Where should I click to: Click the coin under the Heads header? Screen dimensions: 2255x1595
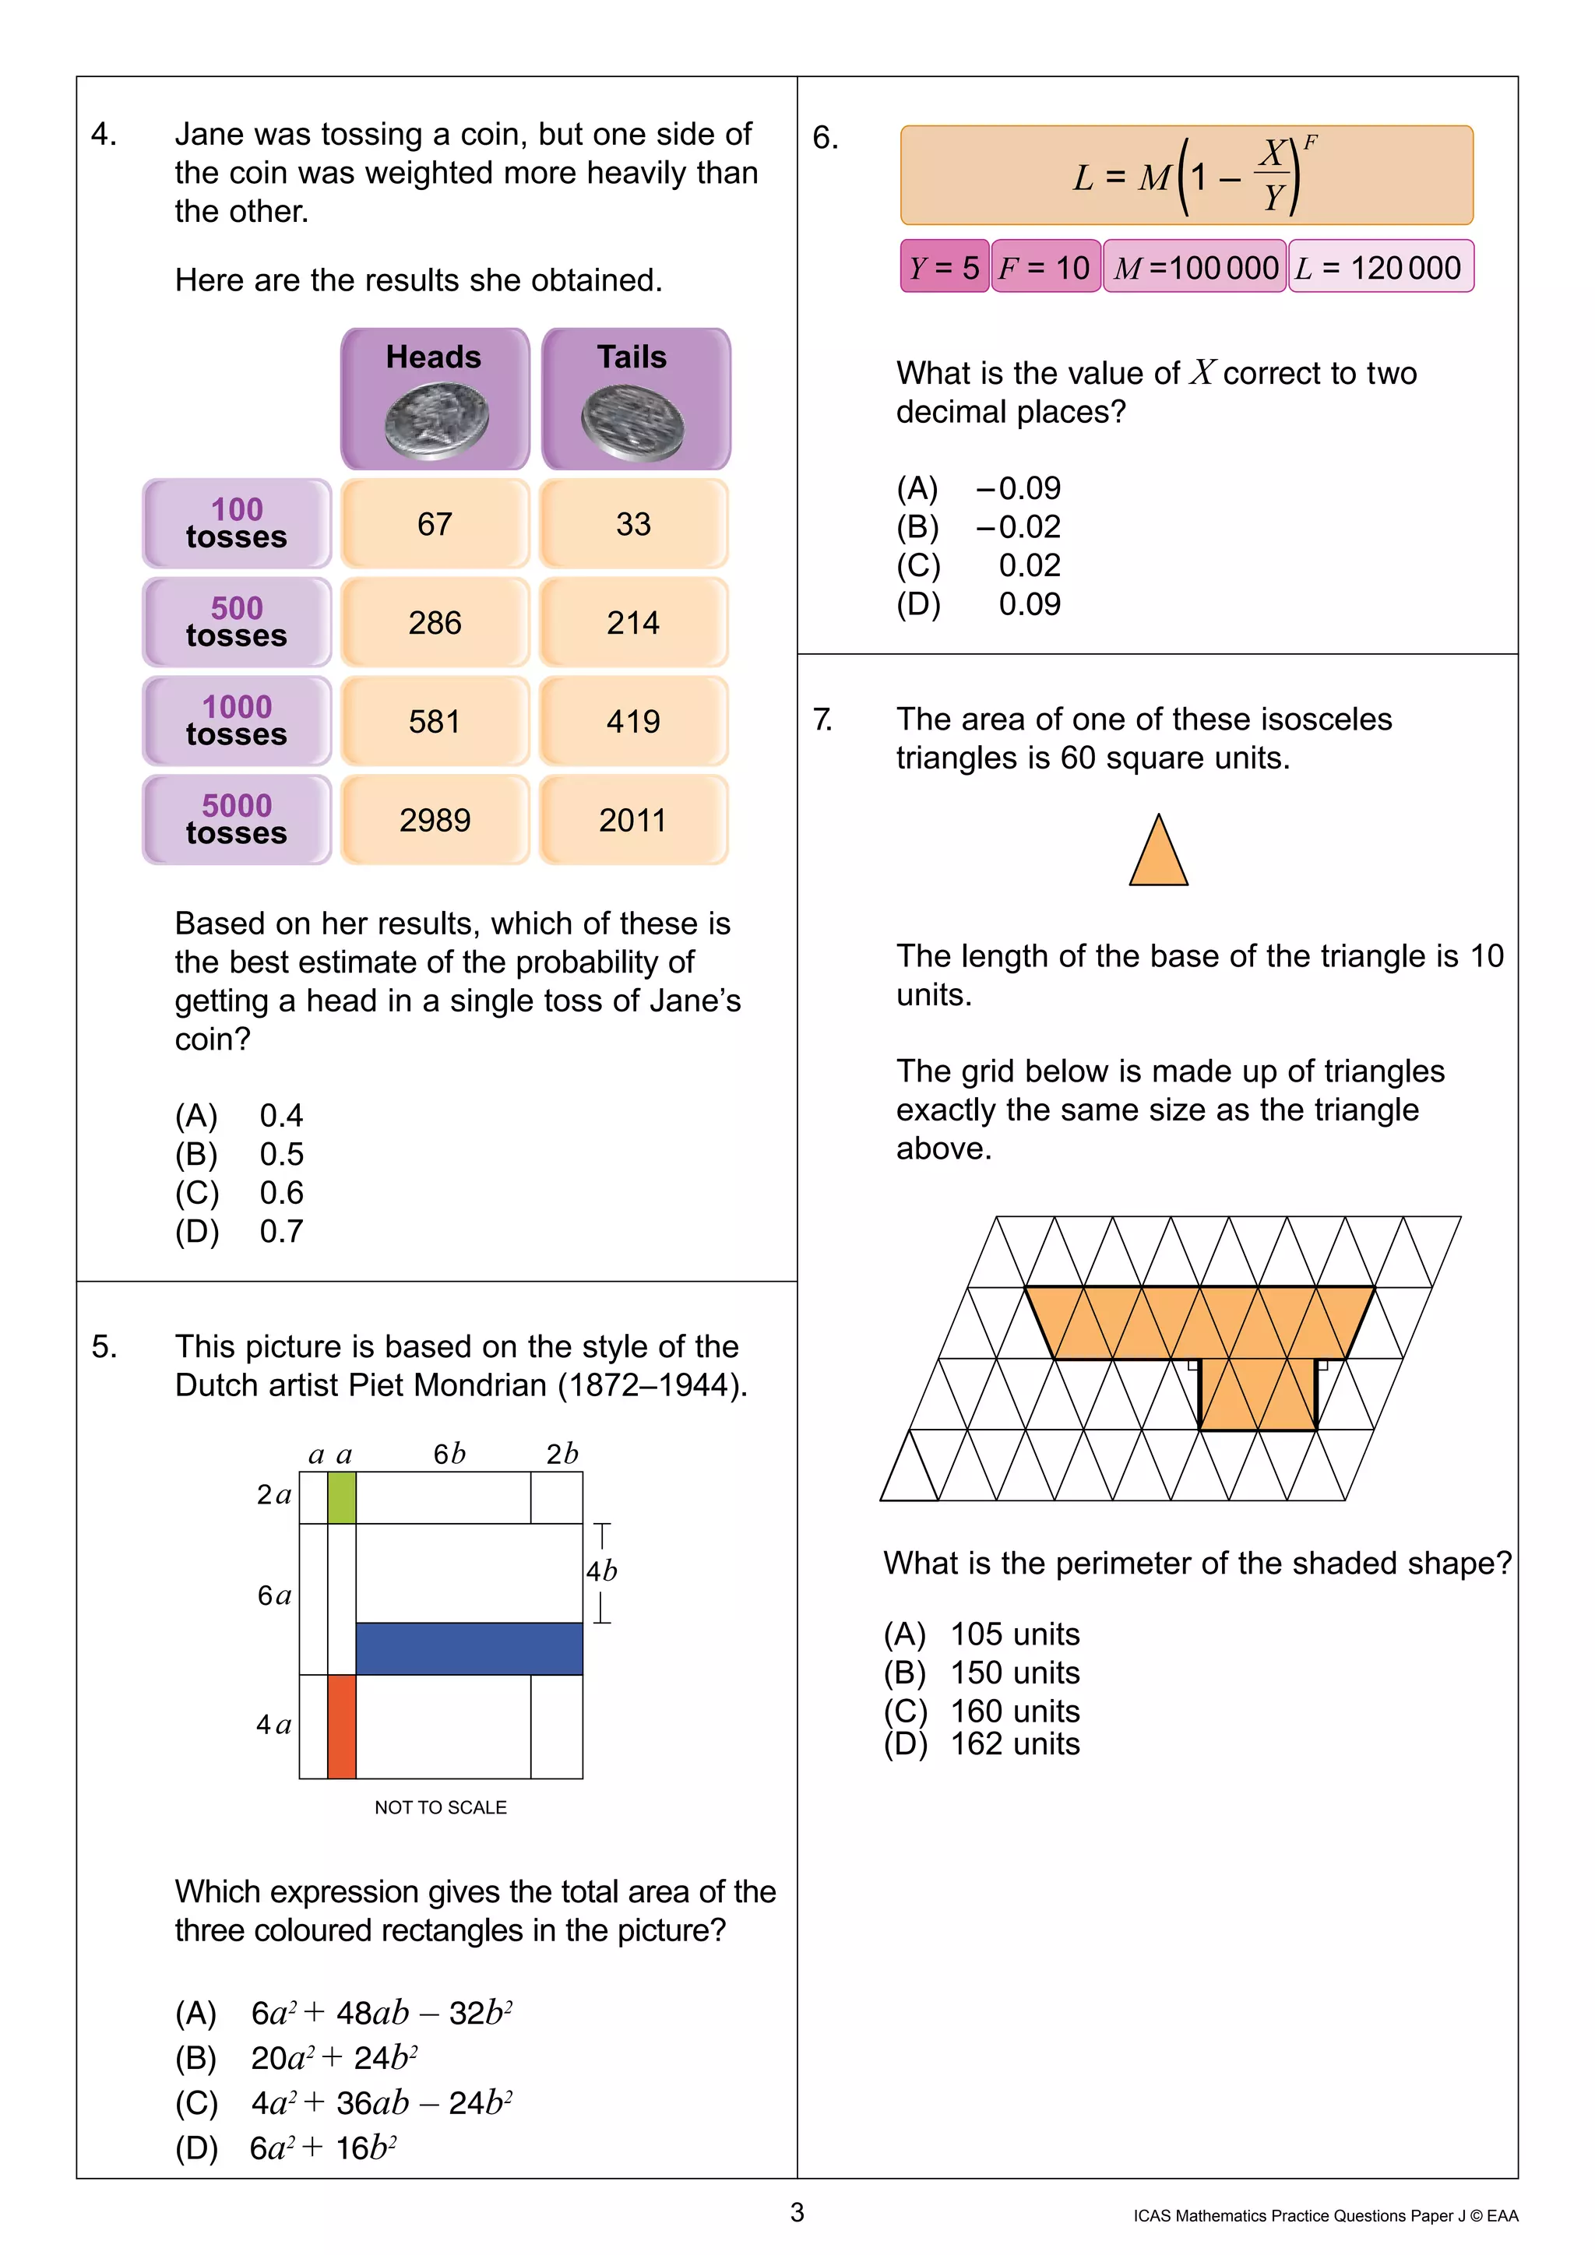click(436, 421)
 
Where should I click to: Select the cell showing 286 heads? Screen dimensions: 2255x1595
click(435, 623)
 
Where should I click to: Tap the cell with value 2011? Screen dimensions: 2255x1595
click(632, 820)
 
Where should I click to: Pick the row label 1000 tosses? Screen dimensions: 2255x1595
click(237, 721)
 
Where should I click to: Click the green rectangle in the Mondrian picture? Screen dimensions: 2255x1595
click(341, 1497)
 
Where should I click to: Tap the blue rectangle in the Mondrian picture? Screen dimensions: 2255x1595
click(469, 1648)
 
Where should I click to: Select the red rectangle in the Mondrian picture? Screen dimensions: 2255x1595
click(341, 1726)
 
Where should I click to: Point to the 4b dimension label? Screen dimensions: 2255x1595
click(601, 1571)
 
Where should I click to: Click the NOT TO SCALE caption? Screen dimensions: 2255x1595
click(440, 1807)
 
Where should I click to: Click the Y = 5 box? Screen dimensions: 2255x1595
click(944, 267)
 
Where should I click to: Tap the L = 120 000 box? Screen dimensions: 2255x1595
click(1379, 267)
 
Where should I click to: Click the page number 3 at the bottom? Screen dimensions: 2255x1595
click(797, 2213)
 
